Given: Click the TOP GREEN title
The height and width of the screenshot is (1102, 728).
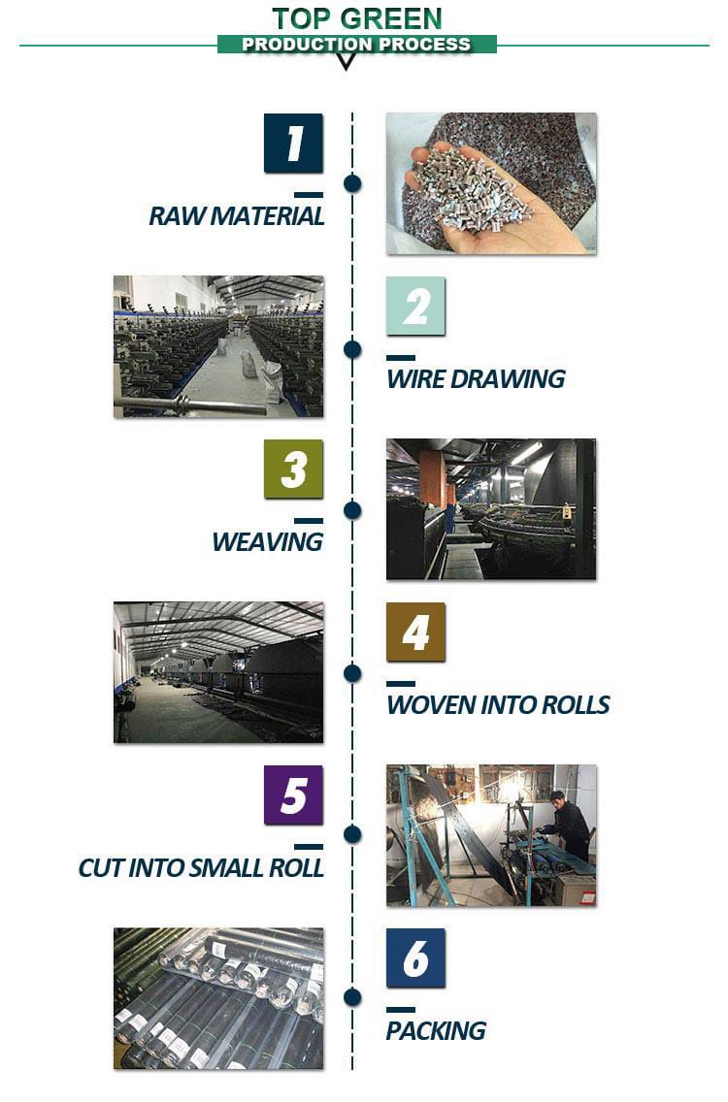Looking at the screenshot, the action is [356, 18].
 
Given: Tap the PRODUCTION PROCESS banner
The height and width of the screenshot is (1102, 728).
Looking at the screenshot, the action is [356, 45].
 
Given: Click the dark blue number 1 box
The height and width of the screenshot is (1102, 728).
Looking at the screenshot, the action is [293, 143].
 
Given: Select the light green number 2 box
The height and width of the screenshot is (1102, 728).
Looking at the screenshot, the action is [415, 306].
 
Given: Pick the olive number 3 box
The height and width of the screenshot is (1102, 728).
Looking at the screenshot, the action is [293, 469].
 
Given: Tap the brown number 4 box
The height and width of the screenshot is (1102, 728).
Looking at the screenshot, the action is [415, 632].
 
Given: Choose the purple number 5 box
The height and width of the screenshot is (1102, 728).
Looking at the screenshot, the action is [293, 794].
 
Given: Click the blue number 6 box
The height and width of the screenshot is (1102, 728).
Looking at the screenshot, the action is [415, 957].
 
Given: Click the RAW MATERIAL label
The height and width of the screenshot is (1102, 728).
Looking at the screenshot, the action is [236, 216].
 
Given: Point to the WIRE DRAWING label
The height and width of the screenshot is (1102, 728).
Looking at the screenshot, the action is [476, 379].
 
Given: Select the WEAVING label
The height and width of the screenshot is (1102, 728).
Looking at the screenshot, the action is [267, 542].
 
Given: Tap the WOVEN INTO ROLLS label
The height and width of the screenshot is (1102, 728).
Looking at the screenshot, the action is [498, 705].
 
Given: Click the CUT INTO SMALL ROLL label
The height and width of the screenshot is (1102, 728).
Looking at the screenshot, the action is [201, 868].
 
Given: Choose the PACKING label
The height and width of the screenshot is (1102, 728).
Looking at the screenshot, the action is [436, 1031].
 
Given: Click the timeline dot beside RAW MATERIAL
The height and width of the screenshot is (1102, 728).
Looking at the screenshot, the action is [352, 184].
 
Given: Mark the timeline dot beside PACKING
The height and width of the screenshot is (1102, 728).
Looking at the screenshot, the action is [352, 997].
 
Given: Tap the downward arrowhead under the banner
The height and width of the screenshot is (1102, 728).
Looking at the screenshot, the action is [346, 62].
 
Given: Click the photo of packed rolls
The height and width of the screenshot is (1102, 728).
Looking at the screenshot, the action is [218, 999].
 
